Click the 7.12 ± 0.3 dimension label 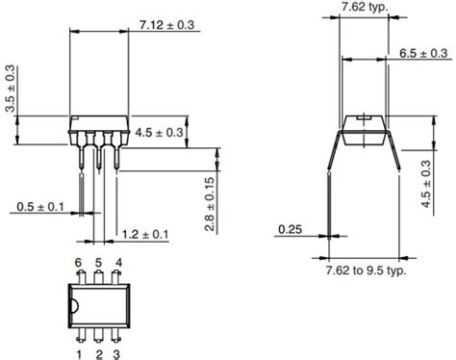click(x=170, y=24)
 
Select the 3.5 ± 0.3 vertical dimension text click(x=11, y=90)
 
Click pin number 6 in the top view click(x=78, y=263)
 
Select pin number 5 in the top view click(x=98, y=263)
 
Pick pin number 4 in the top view click(x=117, y=263)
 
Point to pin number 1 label click(x=78, y=354)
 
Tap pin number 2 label click(x=98, y=354)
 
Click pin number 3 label click(x=117, y=354)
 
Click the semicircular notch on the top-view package click(x=73, y=308)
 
